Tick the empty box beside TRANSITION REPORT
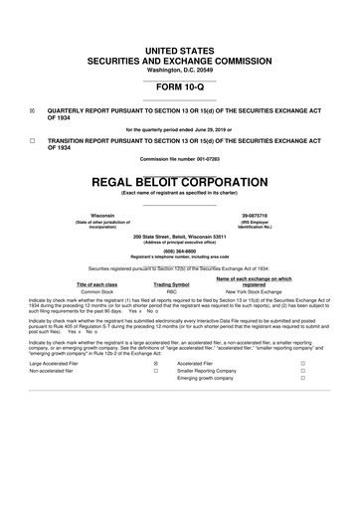(34, 140)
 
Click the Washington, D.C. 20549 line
(180, 42)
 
